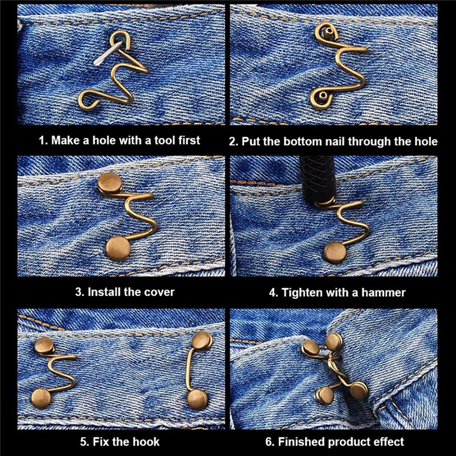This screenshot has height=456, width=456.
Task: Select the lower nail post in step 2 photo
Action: coord(323,95)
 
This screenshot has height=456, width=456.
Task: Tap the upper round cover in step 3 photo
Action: coord(110,182)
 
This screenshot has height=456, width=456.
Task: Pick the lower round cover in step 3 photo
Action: coord(118,248)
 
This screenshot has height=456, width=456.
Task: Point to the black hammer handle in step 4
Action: coord(318,178)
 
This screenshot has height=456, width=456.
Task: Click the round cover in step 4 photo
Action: coord(335,253)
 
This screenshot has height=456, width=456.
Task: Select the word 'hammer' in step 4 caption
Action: coord(383,292)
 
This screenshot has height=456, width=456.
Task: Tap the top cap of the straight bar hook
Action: coord(202,340)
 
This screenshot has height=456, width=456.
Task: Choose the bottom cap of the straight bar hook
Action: coord(197,400)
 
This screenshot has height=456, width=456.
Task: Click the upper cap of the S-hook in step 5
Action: coord(44,345)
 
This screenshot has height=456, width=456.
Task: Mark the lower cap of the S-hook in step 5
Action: coord(41,398)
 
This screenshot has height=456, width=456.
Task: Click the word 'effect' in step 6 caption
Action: coord(389,442)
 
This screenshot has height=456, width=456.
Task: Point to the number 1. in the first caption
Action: coord(43,140)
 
